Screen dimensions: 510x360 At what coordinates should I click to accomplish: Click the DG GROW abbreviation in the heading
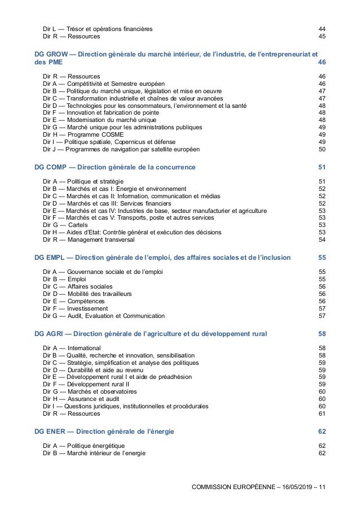[51, 54]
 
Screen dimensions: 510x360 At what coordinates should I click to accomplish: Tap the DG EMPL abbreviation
[49, 258]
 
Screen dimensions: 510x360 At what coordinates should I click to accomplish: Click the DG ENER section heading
[49, 431]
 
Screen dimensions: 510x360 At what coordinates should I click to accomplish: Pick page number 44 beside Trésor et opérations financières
[322, 28]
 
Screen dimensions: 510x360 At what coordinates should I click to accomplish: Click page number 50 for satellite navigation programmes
[322, 150]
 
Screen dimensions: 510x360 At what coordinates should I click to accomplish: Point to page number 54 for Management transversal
[322, 239]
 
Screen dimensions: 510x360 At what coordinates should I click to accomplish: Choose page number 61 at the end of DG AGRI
[322, 413]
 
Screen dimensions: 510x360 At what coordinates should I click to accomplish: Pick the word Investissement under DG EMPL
[87, 309]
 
